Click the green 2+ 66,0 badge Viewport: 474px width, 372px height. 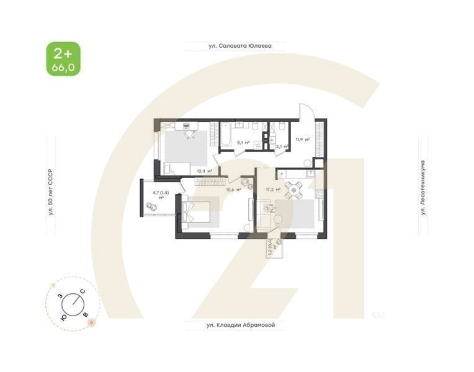[63, 59]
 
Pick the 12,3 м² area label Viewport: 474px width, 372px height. [204, 170]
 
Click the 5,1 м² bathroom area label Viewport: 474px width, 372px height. [243, 143]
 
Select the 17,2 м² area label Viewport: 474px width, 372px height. [273, 190]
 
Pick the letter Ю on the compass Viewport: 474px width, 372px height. [64, 316]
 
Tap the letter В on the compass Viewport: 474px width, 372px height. [84, 315]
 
